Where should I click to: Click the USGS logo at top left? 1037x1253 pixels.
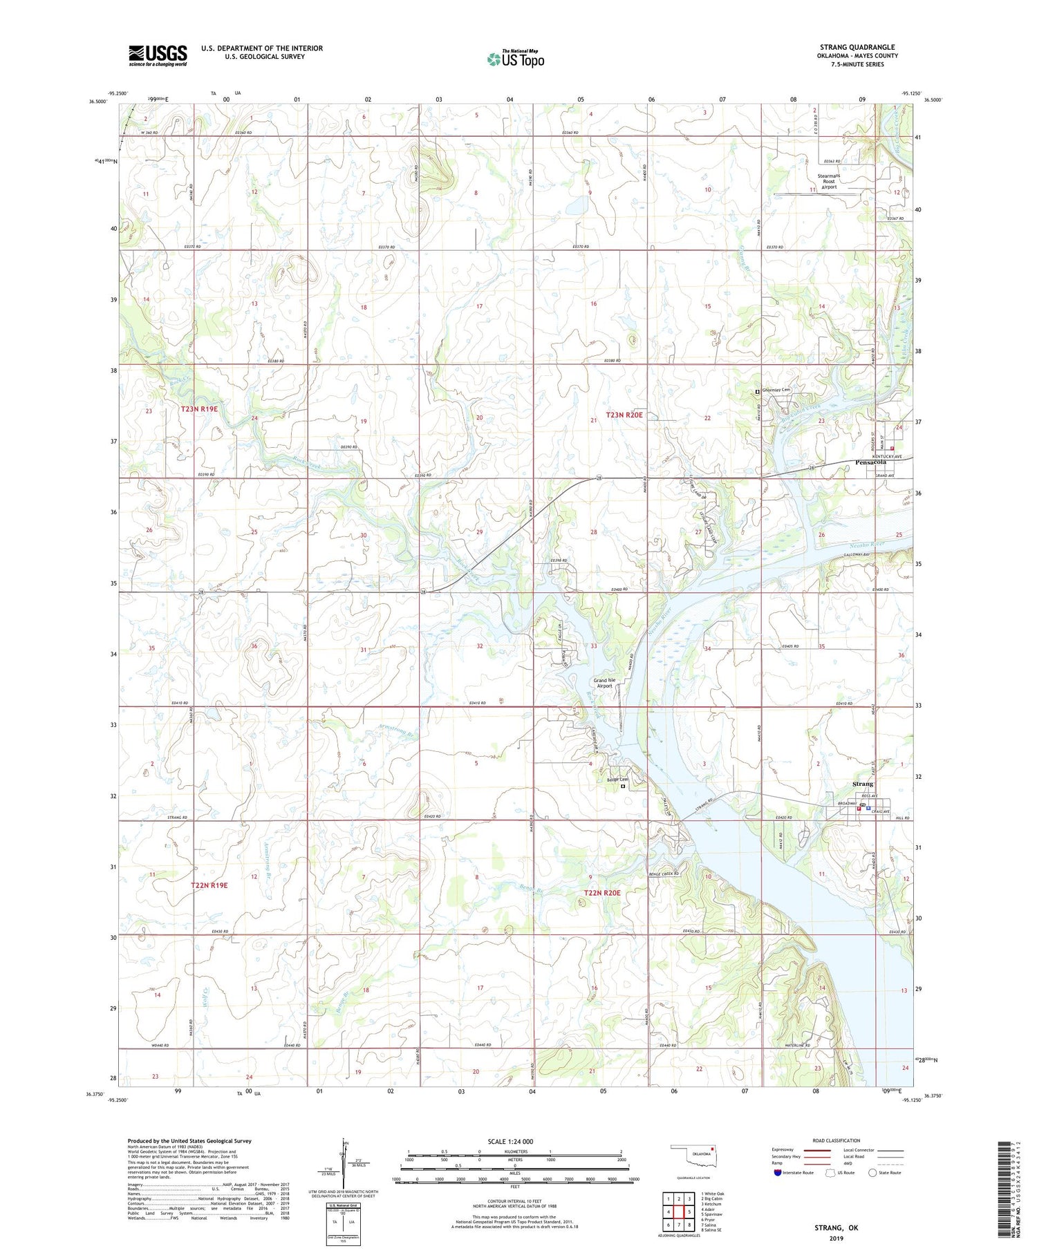click(x=158, y=55)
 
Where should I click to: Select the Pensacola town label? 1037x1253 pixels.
click(x=870, y=462)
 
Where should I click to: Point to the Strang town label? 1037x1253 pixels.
click(x=862, y=784)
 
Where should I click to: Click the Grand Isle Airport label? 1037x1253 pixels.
click(x=604, y=683)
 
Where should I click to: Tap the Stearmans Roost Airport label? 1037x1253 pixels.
click(x=828, y=181)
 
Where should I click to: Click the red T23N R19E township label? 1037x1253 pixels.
click(x=199, y=408)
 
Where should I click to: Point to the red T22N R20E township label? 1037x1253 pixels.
click(x=602, y=893)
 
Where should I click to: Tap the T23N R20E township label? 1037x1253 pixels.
click(x=624, y=415)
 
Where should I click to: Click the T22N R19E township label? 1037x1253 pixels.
click(x=209, y=885)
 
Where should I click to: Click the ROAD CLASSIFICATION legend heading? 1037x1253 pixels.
click(x=836, y=1140)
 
